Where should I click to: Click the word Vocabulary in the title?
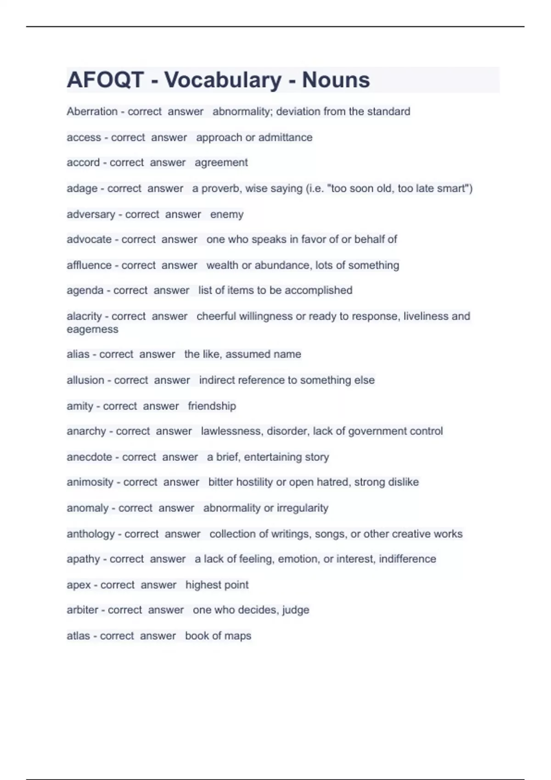click(x=223, y=80)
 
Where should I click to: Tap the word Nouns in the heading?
click(x=336, y=80)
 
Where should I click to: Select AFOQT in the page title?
click(x=106, y=80)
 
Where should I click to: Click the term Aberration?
click(x=92, y=111)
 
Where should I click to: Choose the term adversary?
click(x=90, y=214)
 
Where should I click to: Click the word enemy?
click(x=227, y=214)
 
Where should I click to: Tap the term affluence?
click(x=89, y=265)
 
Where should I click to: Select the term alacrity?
click(x=84, y=316)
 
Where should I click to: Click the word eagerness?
click(x=92, y=329)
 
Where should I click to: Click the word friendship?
click(x=212, y=406)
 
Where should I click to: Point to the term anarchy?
click(x=86, y=431)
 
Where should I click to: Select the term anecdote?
click(x=89, y=457)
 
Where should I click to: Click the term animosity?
click(x=90, y=482)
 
